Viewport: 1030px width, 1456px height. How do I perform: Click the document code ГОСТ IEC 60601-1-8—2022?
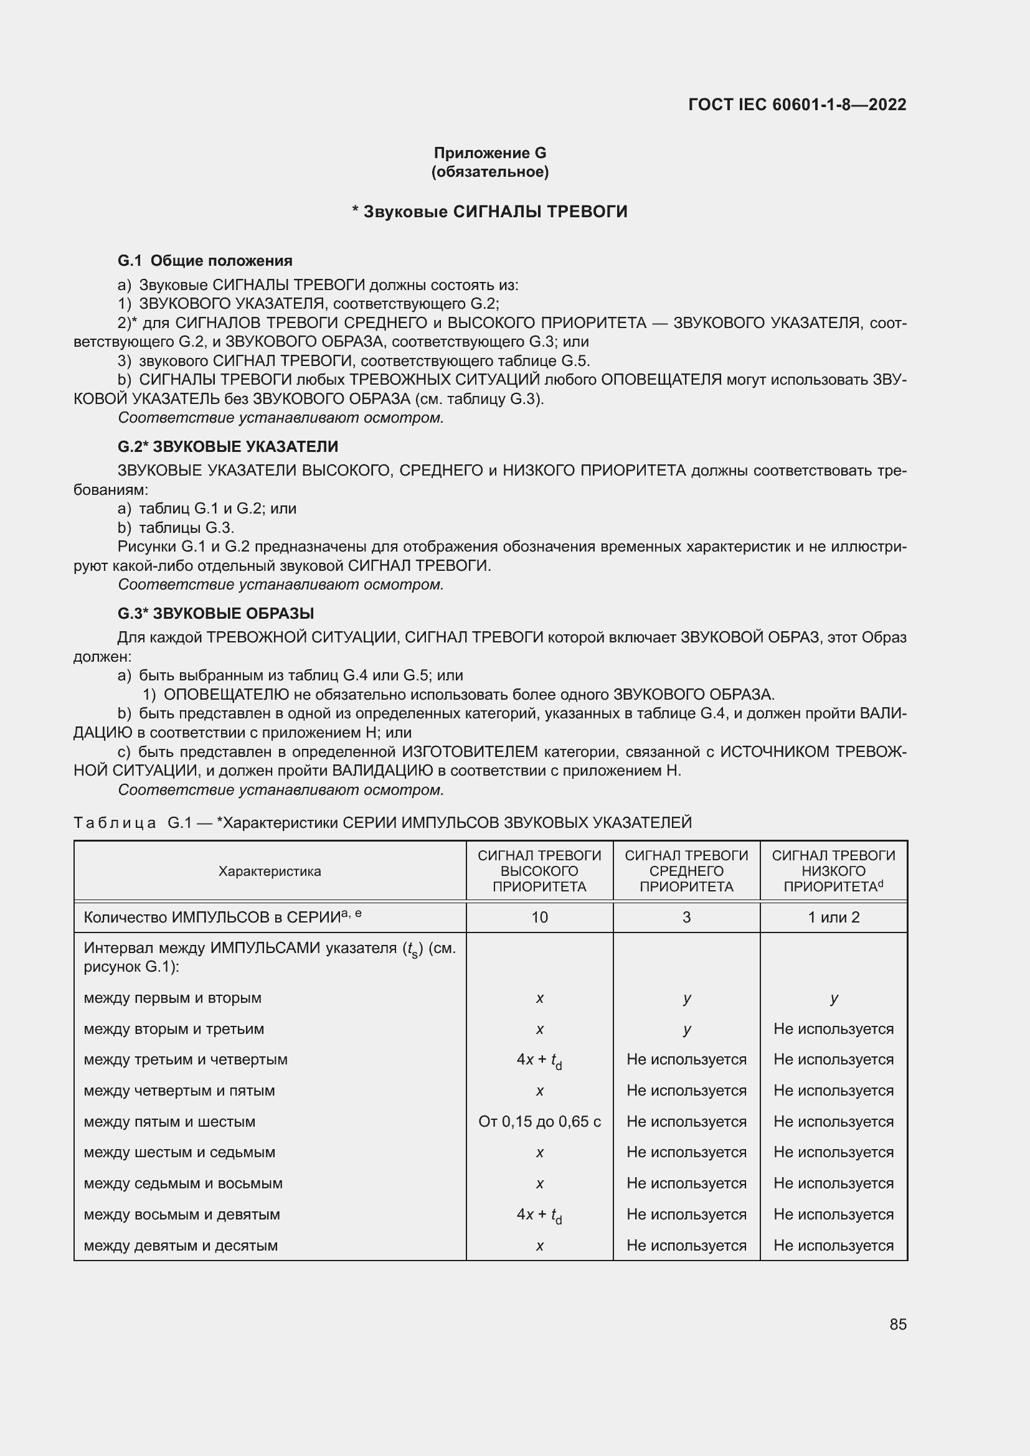pos(796,105)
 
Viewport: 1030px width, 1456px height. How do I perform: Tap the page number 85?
pos(897,1324)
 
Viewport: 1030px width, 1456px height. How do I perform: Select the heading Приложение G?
pos(489,153)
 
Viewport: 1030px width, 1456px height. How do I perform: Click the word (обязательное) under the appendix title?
pos(489,172)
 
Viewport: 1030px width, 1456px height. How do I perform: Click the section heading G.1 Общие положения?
pos(205,261)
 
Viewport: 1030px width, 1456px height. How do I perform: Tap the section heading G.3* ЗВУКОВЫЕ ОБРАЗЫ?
pos(215,613)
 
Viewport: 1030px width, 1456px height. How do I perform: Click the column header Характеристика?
pos(270,871)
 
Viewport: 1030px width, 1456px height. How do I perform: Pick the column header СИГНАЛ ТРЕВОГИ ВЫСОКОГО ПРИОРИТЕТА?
pos(539,871)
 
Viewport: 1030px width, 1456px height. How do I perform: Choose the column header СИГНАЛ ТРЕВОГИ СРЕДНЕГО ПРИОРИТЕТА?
pos(686,871)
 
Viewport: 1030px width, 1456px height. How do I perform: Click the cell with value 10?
pos(539,917)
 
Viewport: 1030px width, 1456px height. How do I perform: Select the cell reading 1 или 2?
pos(833,917)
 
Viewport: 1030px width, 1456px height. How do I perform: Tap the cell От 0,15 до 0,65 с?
pos(539,1121)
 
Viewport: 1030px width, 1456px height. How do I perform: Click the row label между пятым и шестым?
pos(169,1121)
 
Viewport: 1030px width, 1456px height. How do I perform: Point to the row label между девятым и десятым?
pos(181,1245)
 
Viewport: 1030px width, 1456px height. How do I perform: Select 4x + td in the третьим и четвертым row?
pos(539,1059)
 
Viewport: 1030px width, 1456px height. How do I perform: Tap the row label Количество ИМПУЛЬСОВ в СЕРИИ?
pos(222,917)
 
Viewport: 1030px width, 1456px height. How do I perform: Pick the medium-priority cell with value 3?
pos(686,917)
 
